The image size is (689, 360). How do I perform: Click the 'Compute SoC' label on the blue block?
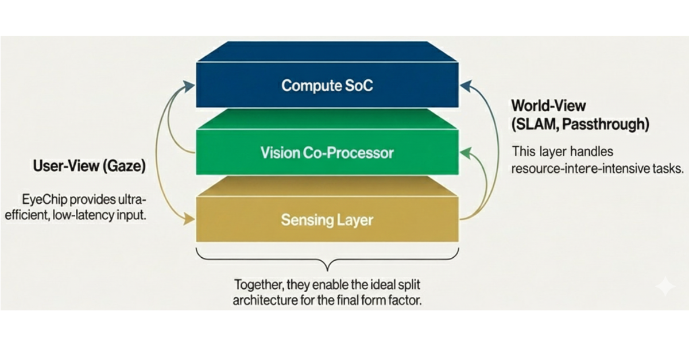click(x=327, y=86)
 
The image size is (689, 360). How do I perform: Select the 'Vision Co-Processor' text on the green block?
click(x=327, y=153)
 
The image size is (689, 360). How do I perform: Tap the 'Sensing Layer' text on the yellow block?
click(x=327, y=220)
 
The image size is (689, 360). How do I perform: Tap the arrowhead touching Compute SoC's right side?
click(x=465, y=86)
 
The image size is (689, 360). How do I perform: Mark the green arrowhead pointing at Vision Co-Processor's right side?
click(x=466, y=153)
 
